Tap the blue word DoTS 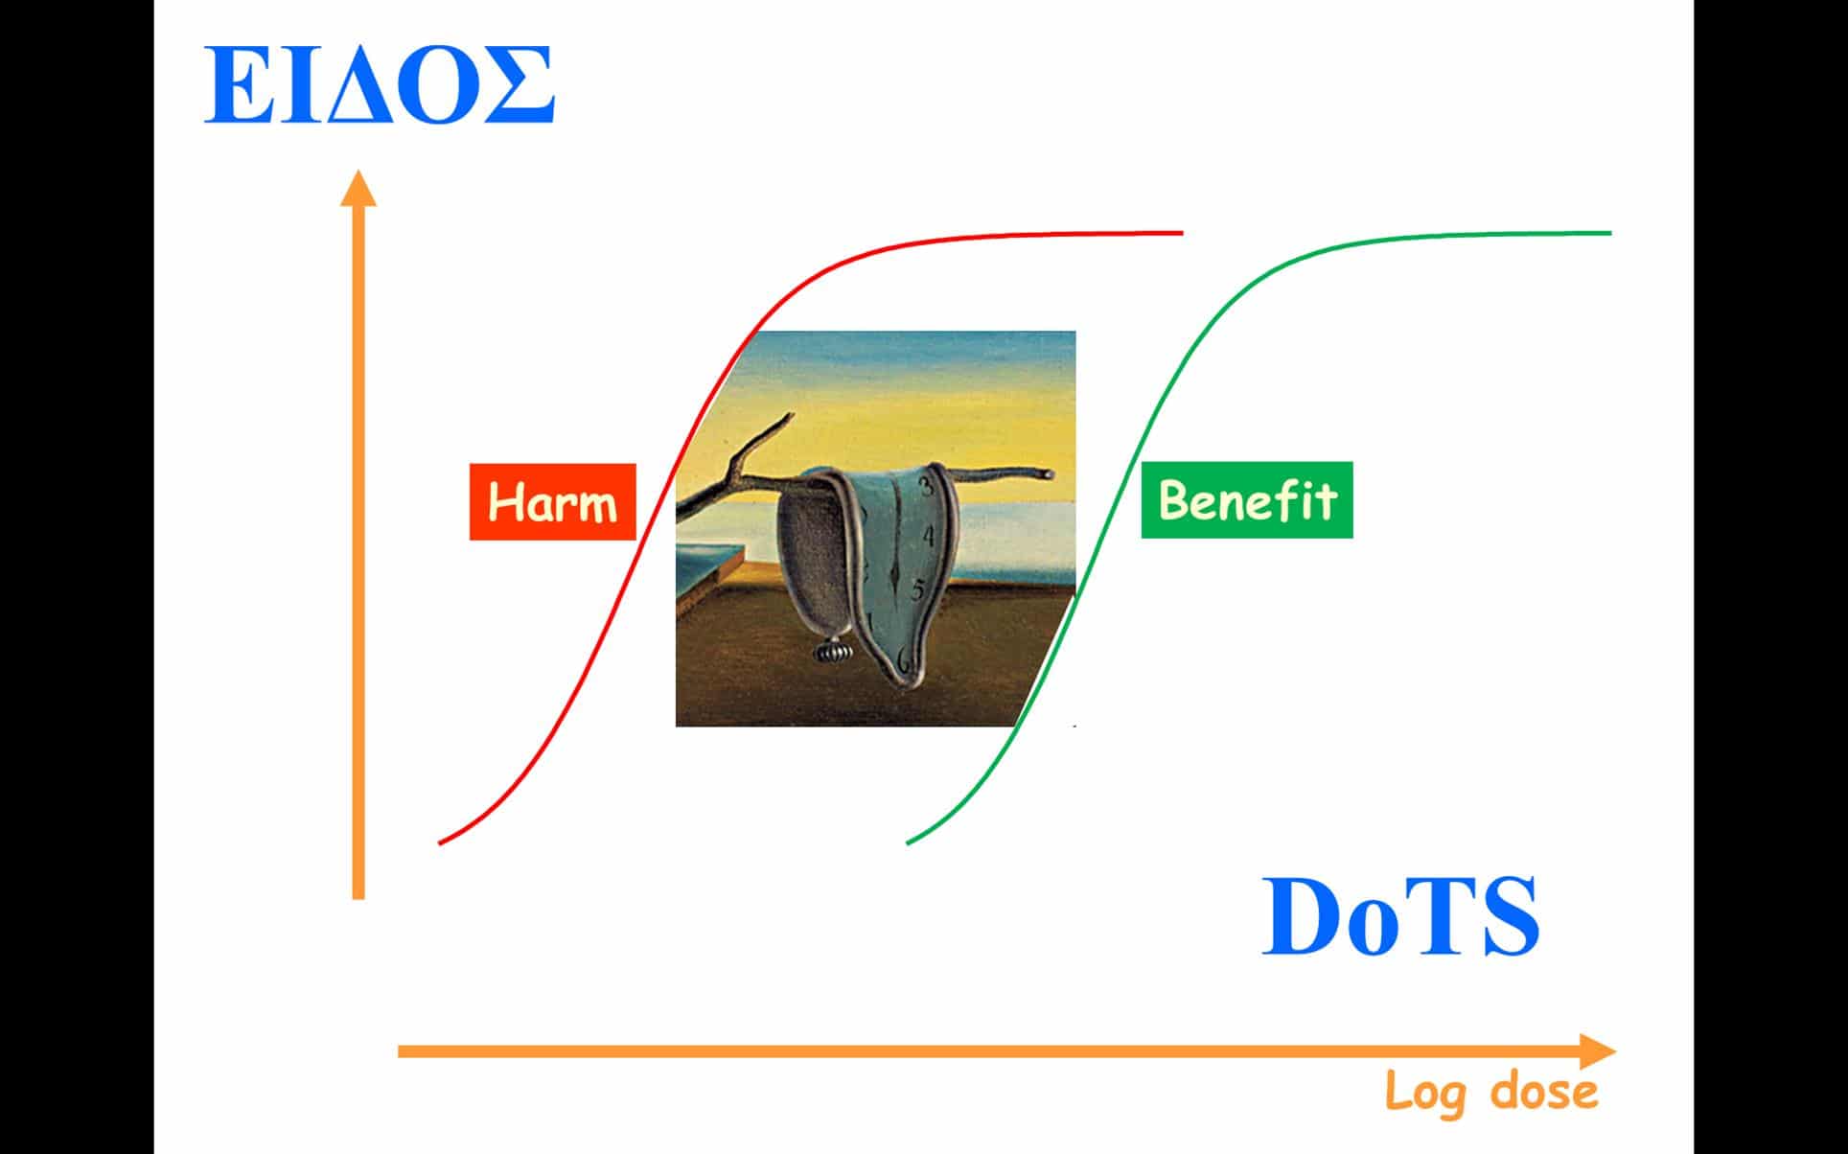1399,916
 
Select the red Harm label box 552,502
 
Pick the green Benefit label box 1247,499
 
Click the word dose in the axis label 1544,1091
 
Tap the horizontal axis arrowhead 1597,1051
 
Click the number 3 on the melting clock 926,486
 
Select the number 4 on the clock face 927,538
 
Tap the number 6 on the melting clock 903,658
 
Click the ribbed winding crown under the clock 830,652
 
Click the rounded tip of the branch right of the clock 1049,474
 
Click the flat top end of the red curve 1183,232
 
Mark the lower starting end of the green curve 909,842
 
